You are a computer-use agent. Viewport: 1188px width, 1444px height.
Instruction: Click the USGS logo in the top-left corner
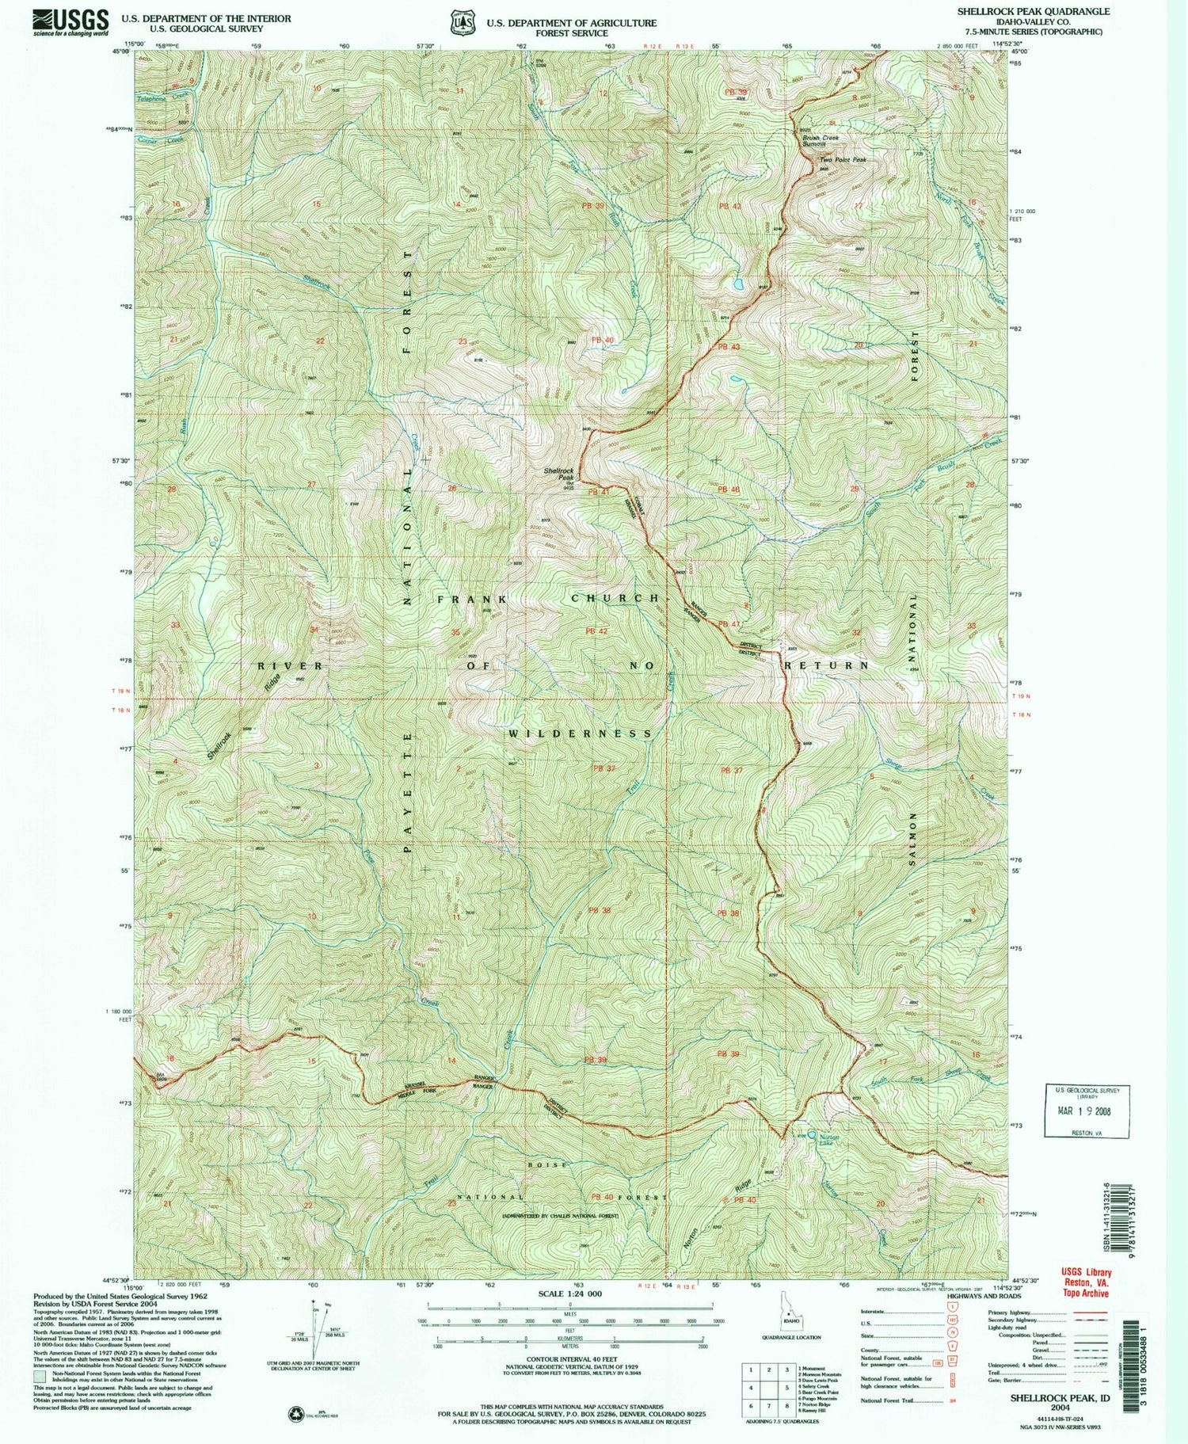[x=70, y=21]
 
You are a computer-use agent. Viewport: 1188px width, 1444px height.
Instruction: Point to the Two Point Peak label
[x=842, y=160]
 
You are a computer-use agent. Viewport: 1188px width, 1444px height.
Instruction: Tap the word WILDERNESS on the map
[x=581, y=733]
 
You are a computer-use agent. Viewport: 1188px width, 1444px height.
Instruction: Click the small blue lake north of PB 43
[x=737, y=284]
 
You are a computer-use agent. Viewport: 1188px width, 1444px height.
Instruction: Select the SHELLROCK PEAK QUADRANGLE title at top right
[x=1033, y=12]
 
